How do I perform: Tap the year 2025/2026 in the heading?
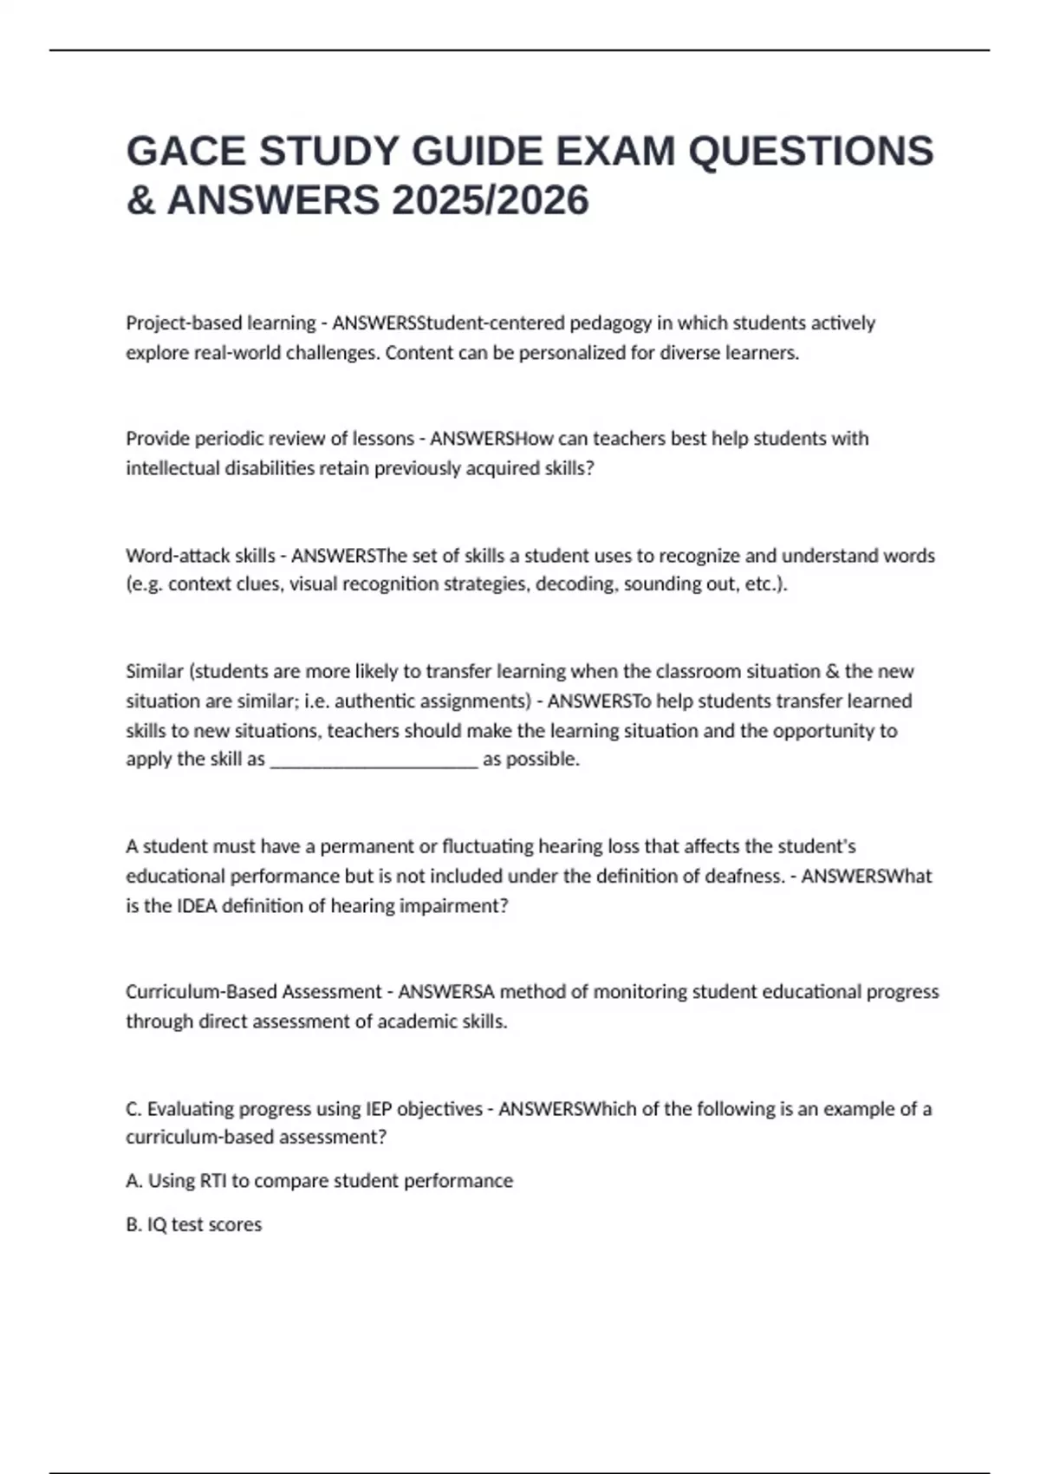490,200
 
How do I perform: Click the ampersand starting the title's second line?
140,200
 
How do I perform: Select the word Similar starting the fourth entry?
154,671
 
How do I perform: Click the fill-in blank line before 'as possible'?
374,760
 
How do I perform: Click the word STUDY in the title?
328,151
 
